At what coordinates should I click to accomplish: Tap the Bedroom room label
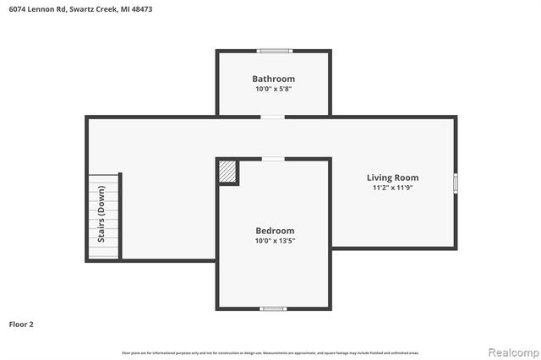click(275, 231)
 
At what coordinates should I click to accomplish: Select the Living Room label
click(392, 177)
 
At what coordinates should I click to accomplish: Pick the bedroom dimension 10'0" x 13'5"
click(275, 241)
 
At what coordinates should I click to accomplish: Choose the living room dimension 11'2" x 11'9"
click(392, 188)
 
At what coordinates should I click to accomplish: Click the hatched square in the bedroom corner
click(227, 172)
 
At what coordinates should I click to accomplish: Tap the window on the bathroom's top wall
click(275, 51)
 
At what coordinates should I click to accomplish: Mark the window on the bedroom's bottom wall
click(272, 308)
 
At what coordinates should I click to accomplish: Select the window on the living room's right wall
click(456, 183)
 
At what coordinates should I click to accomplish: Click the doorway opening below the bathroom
click(272, 117)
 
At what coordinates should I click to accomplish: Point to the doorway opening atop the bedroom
click(272, 159)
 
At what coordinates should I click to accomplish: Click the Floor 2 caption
click(22, 324)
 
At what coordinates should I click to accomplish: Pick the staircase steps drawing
click(104, 217)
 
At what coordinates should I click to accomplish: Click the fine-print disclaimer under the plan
click(270, 352)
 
